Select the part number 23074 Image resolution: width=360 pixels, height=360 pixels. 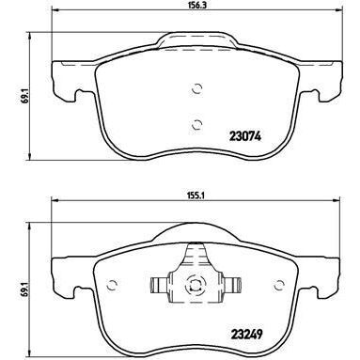(246, 133)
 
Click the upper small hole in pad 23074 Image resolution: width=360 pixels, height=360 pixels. (196, 90)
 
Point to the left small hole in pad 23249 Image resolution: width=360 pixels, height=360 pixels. (114, 280)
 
